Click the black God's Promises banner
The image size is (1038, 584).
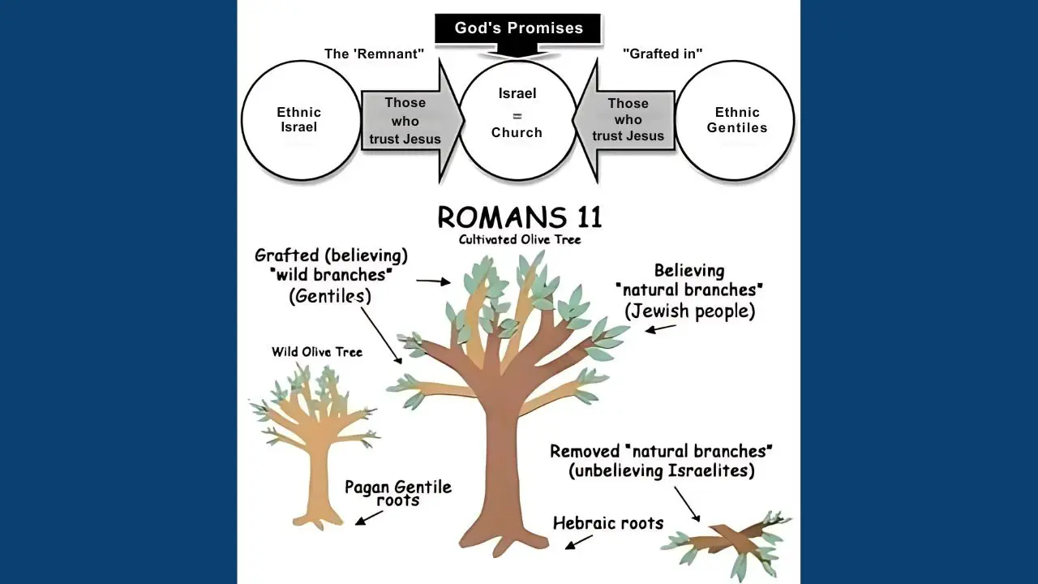click(x=519, y=28)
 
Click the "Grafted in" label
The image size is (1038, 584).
click(x=662, y=54)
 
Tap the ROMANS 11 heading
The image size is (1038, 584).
click(x=519, y=217)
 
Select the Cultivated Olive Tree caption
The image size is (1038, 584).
click(x=519, y=239)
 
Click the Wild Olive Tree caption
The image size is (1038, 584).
click(x=316, y=352)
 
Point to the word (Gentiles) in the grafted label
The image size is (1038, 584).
click(x=330, y=296)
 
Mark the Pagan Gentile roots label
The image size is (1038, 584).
click(x=397, y=493)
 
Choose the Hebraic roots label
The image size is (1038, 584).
click(x=608, y=524)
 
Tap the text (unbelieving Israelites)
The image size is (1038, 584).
click(x=662, y=470)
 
